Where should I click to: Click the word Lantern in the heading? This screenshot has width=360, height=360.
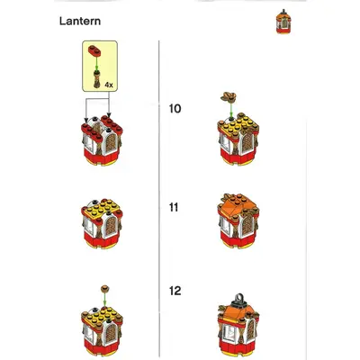[80, 21]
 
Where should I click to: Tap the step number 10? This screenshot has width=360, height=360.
[175, 109]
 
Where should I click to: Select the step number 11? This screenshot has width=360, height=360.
[174, 207]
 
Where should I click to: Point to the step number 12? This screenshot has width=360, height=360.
[175, 291]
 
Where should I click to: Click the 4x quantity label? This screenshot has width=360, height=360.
[109, 85]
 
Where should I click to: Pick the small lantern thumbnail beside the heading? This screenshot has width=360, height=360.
[283, 21]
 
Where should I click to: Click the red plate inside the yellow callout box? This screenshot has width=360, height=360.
[94, 51]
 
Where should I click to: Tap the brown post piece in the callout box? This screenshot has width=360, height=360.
[96, 79]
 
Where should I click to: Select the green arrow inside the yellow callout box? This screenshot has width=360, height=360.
[96, 63]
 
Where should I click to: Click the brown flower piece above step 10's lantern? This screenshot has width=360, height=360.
[229, 96]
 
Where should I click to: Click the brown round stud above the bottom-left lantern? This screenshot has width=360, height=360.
[104, 289]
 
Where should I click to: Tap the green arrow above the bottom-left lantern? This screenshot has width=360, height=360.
[104, 300]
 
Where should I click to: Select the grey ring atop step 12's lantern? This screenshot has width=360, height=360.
[238, 299]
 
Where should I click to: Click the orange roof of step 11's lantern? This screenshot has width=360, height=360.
[237, 206]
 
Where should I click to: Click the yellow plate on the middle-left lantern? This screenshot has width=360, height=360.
[102, 208]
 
